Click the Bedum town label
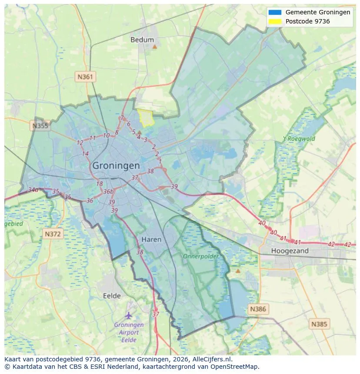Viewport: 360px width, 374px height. [x=142, y=40]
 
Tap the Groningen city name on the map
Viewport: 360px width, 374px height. [x=116, y=165]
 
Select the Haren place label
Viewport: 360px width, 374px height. [x=151, y=239]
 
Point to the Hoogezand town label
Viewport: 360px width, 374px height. [x=290, y=251]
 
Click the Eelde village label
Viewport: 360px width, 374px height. [x=112, y=296]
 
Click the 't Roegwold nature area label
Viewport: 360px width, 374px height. [x=299, y=139]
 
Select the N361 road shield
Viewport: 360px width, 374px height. [x=85, y=77]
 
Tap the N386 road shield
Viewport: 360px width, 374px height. [x=258, y=309]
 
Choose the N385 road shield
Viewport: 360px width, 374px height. [x=320, y=324]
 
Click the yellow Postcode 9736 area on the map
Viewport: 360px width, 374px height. [x=146, y=117]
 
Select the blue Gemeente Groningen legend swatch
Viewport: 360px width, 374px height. [x=275, y=13]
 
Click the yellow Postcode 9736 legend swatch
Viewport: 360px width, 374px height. [x=275, y=21]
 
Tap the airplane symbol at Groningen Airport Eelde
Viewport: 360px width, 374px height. [x=128, y=315]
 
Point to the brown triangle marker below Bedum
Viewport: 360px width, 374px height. [x=154, y=46]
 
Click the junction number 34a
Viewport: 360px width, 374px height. [x=33, y=190]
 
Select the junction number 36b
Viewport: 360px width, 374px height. [x=108, y=192]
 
